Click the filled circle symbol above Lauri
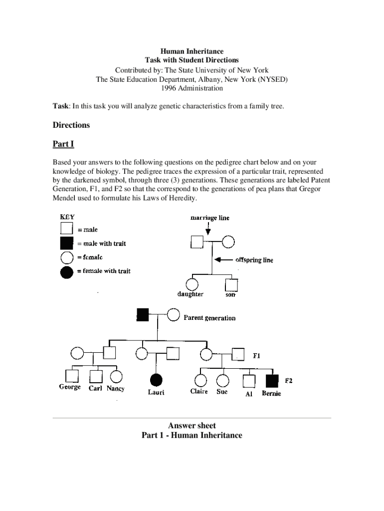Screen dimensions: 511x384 click(x=156, y=380)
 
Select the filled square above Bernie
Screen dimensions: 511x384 click(x=271, y=381)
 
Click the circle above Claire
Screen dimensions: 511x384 click(x=200, y=381)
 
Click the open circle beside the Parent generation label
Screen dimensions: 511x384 click(x=173, y=315)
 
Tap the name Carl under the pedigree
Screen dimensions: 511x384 click(x=95, y=388)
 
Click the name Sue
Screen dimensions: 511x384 click(x=222, y=392)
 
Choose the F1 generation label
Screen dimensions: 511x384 click(x=257, y=356)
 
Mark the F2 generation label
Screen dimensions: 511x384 click(x=288, y=381)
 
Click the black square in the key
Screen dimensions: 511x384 click(x=67, y=244)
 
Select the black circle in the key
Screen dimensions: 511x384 click(x=67, y=271)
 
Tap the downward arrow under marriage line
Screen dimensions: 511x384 click(x=208, y=229)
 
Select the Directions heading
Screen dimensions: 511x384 click(x=71, y=125)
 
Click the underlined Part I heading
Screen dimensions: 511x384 click(x=63, y=144)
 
